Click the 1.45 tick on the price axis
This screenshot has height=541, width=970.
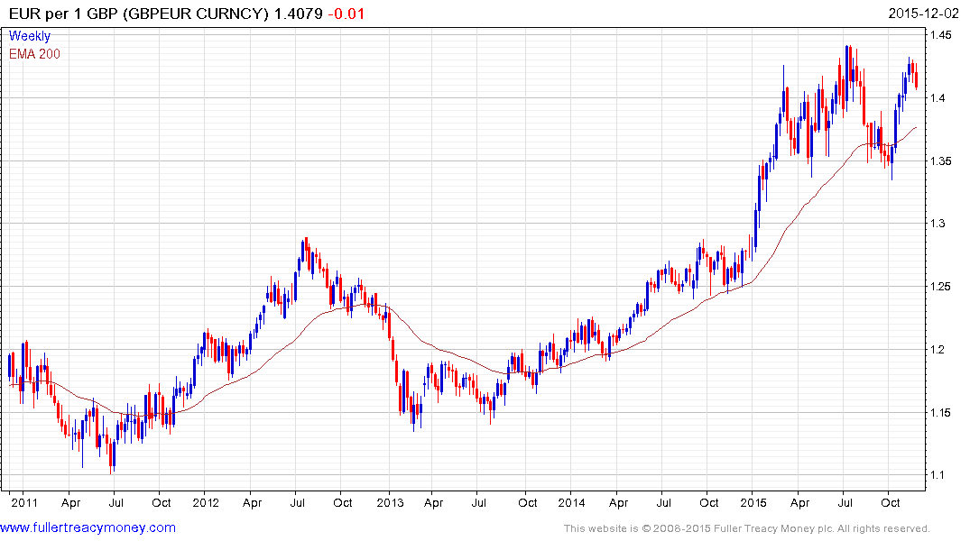(942, 35)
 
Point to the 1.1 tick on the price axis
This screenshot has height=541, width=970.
(939, 475)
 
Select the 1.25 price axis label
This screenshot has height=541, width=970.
(942, 287)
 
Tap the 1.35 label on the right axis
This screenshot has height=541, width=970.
(942, 161)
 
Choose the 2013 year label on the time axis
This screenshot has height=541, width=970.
(390, 502)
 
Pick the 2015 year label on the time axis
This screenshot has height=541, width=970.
(754, 502)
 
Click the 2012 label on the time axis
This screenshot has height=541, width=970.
(206, 502)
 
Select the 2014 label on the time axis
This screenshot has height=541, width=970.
(572, 502)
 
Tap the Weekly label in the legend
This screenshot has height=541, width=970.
(30, 37)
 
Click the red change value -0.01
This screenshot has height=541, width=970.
(346, 14)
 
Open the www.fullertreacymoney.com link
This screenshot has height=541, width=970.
(88, 527)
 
